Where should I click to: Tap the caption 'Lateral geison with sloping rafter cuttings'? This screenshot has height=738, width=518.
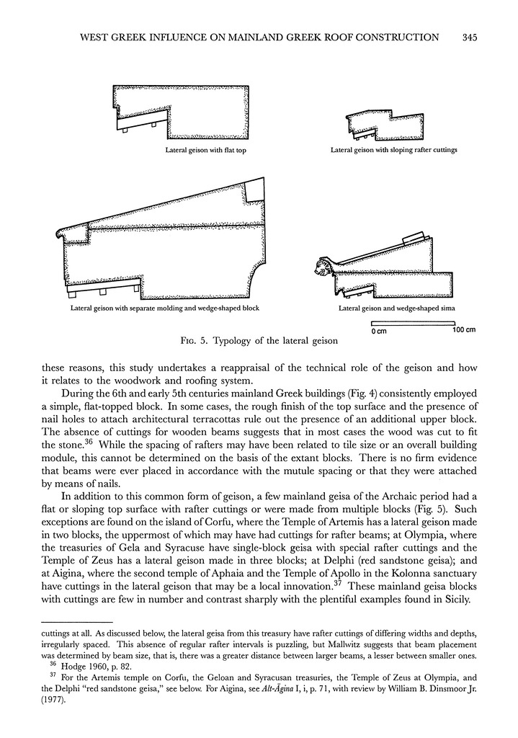[393, 151]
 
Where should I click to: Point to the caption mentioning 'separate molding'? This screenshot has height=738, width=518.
[164, 308]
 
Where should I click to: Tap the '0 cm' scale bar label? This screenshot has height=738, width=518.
[380, 331]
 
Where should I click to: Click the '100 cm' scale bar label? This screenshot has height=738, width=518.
[463, 331]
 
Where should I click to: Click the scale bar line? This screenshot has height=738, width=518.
[417, 324]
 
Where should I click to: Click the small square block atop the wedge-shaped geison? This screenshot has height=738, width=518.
[254, 191]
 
